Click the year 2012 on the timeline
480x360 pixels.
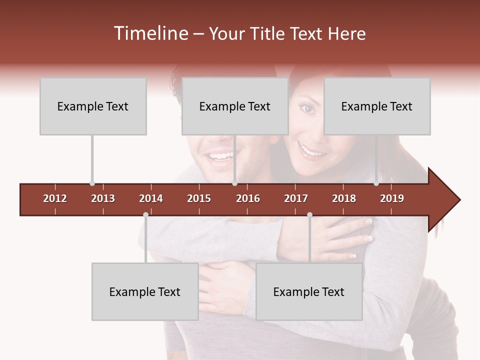[55, 198]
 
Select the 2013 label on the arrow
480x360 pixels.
[103, 198]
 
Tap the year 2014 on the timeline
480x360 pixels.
[151, 198]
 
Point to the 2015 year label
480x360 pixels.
[199, 198]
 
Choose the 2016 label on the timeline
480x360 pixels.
[248, 198]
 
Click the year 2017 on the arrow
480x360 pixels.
[296, 198]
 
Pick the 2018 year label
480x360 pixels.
[344, 198]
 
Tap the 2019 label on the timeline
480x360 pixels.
[392, 198]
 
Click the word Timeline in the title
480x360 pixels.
[150, 33]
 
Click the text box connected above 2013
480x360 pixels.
[93, 106]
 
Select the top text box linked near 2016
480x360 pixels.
[235, 106]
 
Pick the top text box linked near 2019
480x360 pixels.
[377, 106]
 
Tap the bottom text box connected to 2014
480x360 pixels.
[145, 291]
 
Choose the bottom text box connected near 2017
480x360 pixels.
[309, 291]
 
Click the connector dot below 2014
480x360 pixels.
[145, 215]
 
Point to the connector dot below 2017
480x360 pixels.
[309, 215]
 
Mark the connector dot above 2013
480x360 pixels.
[92, 183]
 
